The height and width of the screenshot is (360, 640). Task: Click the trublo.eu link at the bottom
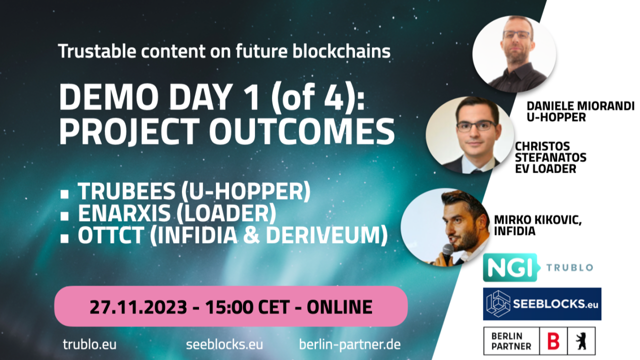pos(89,344)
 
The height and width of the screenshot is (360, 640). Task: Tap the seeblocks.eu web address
pos(224,344)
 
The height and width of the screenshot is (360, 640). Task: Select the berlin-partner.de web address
pos(349,345)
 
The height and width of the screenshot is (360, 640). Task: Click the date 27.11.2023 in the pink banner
pos(138,307)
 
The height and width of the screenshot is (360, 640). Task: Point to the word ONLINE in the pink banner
pos(339,307)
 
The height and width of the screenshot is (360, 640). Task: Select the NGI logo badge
pos(510,267)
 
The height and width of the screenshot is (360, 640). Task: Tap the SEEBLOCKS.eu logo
pos(542,304)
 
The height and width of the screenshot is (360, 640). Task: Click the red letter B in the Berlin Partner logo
pos(553,341)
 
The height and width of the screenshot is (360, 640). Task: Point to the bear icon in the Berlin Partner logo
pos(581,341)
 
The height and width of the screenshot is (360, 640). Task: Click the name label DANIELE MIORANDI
pos(580,106)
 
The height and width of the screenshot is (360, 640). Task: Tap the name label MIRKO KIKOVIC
pos(537,219)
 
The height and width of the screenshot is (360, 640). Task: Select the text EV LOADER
pos(545,169)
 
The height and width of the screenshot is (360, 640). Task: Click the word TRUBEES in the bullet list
pos(126,191)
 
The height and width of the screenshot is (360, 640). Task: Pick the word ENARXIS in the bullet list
pos(124,213)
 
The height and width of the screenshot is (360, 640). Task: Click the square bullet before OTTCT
pos(64,238)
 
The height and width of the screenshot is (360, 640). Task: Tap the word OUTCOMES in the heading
pos(302,131)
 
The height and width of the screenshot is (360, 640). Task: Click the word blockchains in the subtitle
pos(341,51)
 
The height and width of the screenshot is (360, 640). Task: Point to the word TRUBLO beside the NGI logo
pos(569,267)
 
